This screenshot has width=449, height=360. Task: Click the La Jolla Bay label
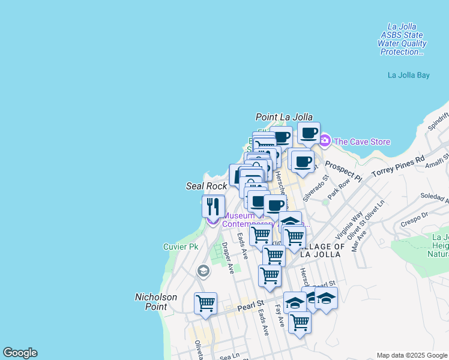409,76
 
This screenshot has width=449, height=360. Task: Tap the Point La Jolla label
284,117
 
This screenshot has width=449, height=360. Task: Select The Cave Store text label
361,142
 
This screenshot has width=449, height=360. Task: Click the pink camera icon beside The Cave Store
324,141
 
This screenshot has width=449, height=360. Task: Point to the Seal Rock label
206,187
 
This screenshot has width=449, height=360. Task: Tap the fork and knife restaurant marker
214,206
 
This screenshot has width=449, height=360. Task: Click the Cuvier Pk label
181,247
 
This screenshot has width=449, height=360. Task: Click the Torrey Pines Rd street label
397,168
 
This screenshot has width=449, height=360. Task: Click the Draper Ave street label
228,258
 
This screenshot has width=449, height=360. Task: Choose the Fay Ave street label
279,316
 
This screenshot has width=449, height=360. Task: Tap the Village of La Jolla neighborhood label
322,250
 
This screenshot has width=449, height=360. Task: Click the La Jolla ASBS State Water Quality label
402,39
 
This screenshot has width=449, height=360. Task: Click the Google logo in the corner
20,353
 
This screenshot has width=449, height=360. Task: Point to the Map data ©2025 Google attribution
411,355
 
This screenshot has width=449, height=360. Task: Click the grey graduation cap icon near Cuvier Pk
203,271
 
